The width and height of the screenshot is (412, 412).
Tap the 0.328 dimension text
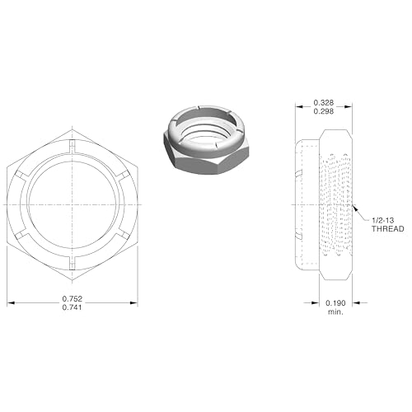click(x=324, y=102)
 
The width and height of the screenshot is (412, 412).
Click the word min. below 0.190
click(x=335, y=313)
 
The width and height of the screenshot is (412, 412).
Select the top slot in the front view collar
click(x=73, y=146)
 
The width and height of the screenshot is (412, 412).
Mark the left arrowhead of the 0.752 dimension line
click(x=10, y=302)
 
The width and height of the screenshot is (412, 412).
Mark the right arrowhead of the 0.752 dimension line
click(x=135, y=302)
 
